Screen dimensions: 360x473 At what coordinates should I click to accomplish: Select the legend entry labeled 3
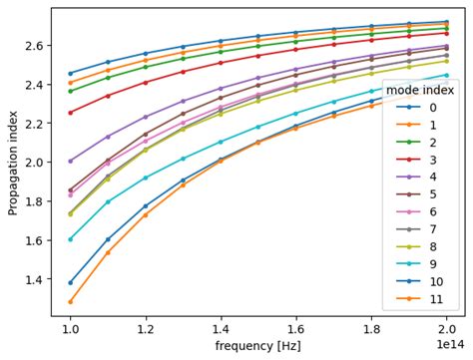tap(418, 159)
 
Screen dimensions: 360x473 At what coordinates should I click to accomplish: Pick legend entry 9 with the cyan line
tap(418, 262)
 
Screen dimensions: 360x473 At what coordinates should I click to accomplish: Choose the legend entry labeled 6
tap(418, 210)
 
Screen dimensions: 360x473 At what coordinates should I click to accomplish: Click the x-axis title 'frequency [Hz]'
tap(259, 346)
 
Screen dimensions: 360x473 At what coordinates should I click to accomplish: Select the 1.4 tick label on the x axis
tap(222, 327)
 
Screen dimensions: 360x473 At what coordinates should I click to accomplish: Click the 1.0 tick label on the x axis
tap(70, 327)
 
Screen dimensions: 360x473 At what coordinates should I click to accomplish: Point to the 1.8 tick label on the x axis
tap(372, 327)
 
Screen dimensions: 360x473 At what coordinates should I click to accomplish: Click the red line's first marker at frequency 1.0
tap(70, 113)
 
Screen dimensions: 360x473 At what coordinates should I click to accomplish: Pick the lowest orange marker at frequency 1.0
tap(70, 301)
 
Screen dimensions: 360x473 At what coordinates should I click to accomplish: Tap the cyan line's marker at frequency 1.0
tap(70, 239)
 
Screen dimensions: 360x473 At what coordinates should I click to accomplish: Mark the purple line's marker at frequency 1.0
tap(70, 161)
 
